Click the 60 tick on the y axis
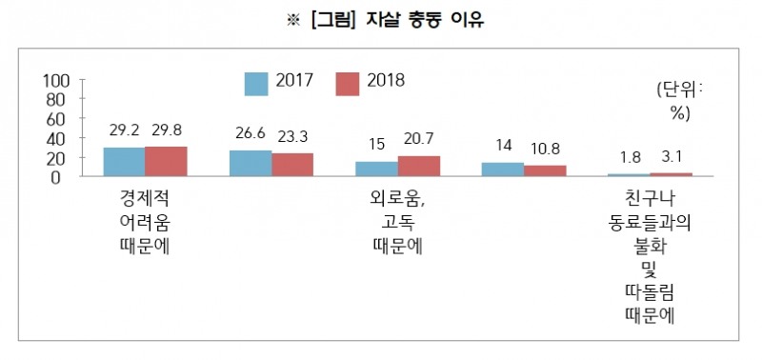point(55,119)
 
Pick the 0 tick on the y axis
point(60,177)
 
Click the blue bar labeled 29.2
point(124,162)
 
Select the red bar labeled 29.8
point(166,162)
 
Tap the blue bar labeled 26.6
point(250,163)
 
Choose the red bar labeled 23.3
point(291,165)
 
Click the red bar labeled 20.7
point(418,166)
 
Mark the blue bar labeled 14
point(502,170)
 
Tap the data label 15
point(376,144)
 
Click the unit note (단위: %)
point(678,100)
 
